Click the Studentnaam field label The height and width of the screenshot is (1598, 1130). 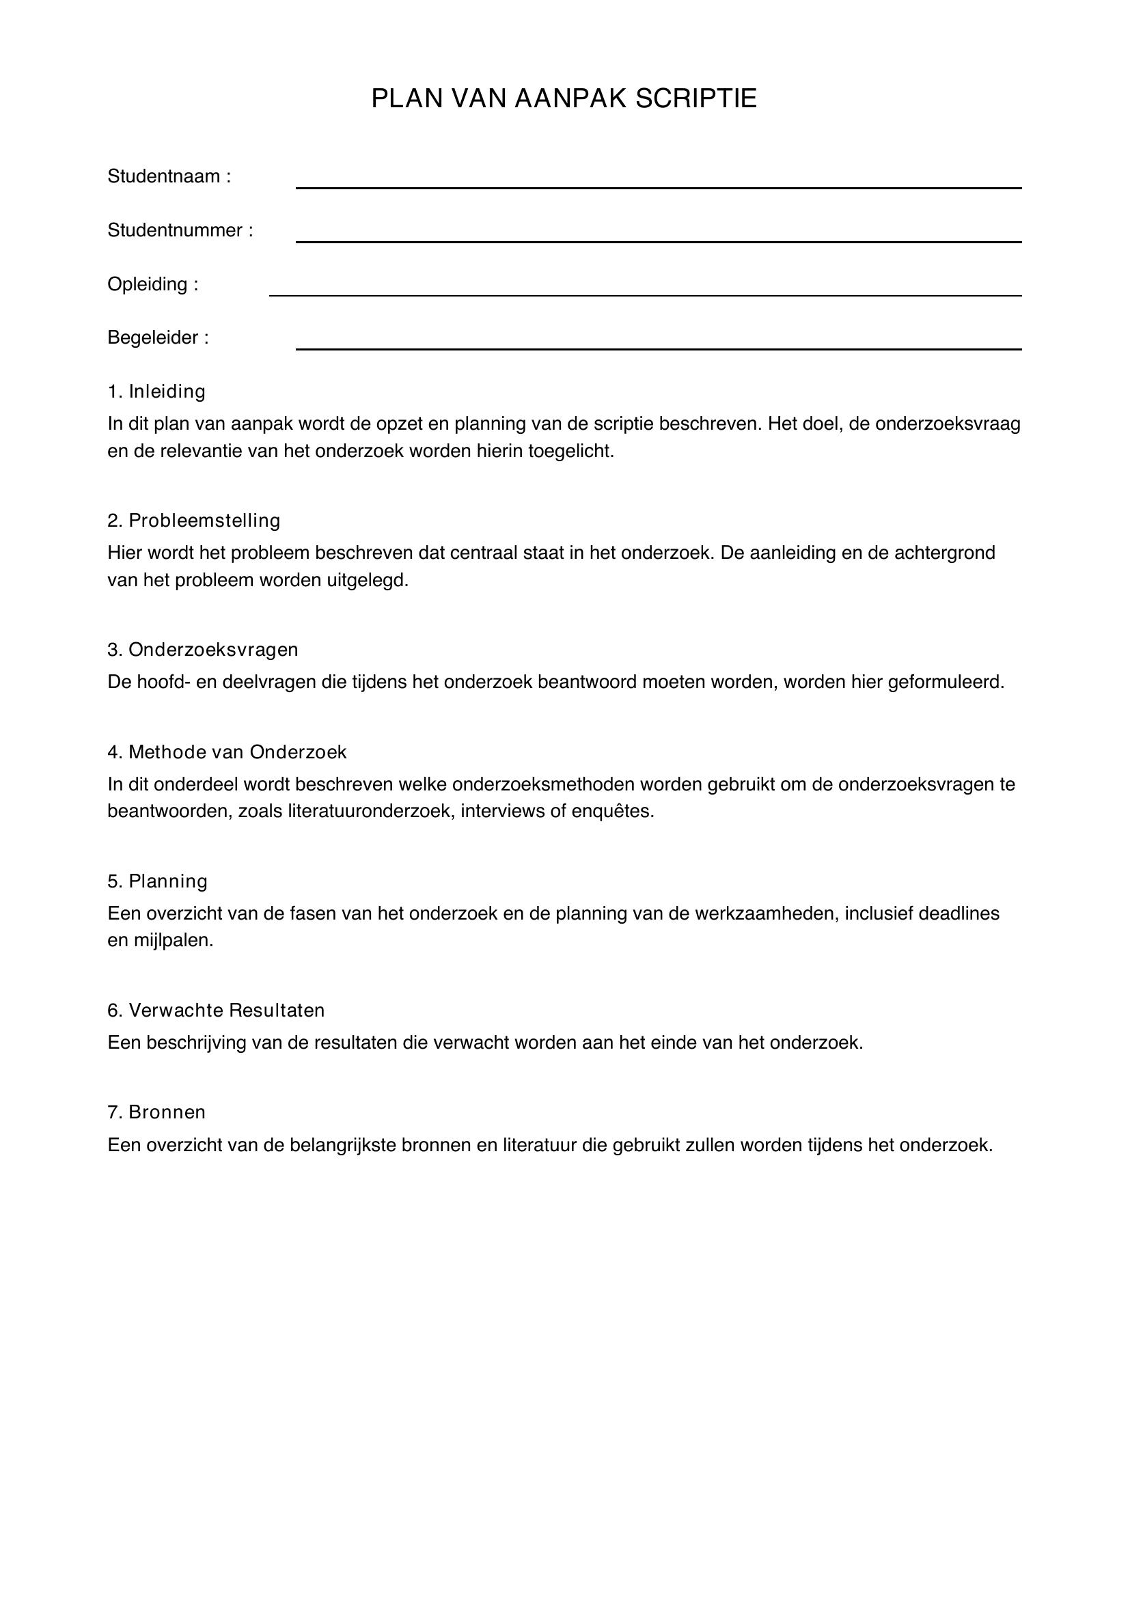coord(168,177)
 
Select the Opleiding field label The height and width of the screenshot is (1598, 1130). coord(152,285)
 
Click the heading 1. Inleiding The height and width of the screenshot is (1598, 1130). coord(156,392)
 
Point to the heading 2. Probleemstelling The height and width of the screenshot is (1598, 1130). coord(193,521)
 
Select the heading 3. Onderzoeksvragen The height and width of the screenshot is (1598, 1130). coord(202,649)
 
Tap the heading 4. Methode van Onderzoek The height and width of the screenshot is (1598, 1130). coord(227,752)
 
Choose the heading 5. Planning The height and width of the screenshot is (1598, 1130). coord(157,882)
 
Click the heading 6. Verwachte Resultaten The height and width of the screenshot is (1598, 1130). coord(216,1010)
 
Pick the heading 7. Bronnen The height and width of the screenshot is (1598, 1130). coord(156,1112)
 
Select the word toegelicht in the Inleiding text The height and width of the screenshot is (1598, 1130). coord(570,452)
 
